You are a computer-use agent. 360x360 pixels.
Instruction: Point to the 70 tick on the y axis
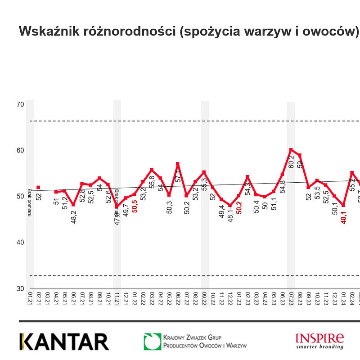(x=20, y=104)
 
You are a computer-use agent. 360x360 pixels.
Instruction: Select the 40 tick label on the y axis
(x=20, y=243)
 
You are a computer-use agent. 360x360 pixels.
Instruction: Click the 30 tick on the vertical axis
(x=20, y=288)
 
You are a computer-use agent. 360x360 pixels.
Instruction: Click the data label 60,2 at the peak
(x=291, y=162)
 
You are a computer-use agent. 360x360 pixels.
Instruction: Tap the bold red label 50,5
(x=135, y=206)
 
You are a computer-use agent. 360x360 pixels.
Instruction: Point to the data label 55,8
(x=152, y=181)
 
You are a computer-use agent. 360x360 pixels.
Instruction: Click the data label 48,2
(x=74, y=216)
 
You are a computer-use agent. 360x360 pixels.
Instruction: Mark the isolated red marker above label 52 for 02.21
(x=38, y=187)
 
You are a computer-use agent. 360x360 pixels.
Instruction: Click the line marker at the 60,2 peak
(x=291, y=150)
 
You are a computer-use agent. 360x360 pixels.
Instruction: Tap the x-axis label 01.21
(x=30, y=297)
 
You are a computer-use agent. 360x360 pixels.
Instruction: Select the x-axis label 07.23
(x=291, y=297)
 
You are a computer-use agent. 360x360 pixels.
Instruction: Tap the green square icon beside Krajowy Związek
(x=152, y=342)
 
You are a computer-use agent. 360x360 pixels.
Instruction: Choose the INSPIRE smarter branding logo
(x=319, y=341)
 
